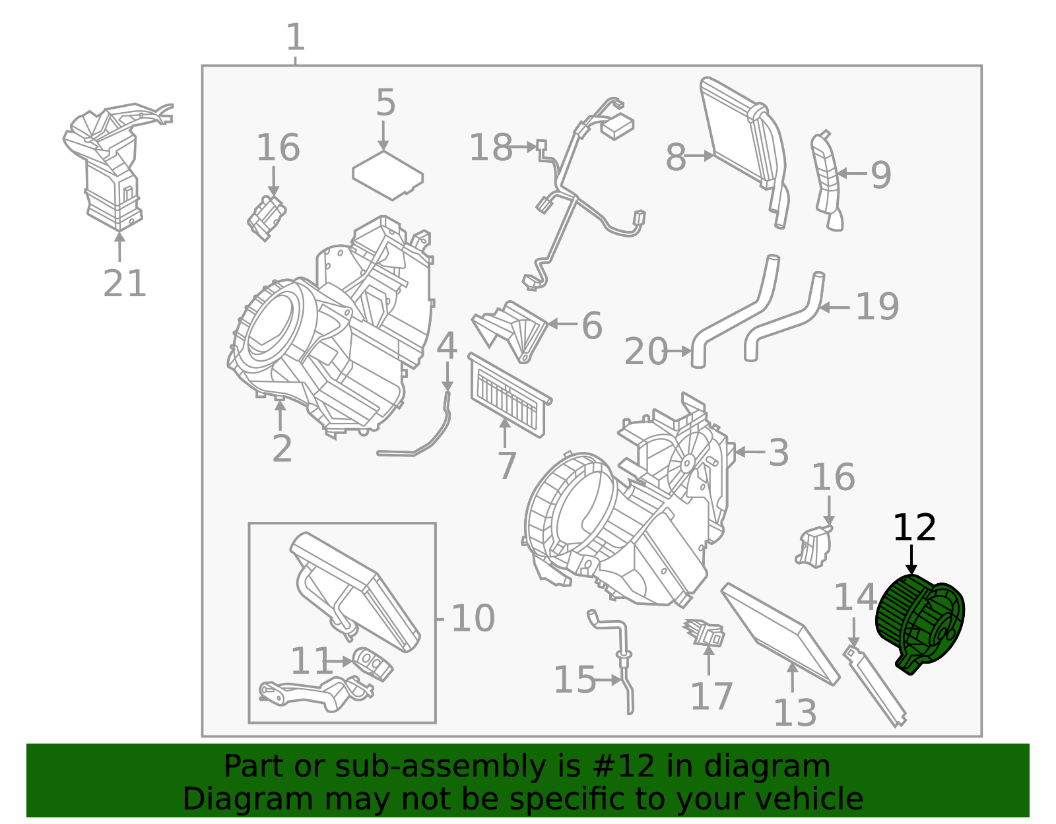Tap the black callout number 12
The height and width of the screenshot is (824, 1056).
click(x=914, y=528)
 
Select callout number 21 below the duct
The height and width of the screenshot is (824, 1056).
click(x=124, y=284)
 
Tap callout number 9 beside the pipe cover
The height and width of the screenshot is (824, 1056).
click(x=881, y=175)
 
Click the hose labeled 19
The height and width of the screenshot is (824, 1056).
click(x=785, y=317)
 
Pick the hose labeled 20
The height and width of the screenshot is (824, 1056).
click(x=733, y=317)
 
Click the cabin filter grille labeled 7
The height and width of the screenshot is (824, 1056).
click(x=508, y=396)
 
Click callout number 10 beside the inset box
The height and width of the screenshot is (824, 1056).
click(x=473, y=619)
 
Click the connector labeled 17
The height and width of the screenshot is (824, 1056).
click(x=706, y=633)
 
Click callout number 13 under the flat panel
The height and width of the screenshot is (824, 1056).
click(x=795, y=713)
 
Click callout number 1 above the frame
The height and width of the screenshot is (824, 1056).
click(x=295, y=38)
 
